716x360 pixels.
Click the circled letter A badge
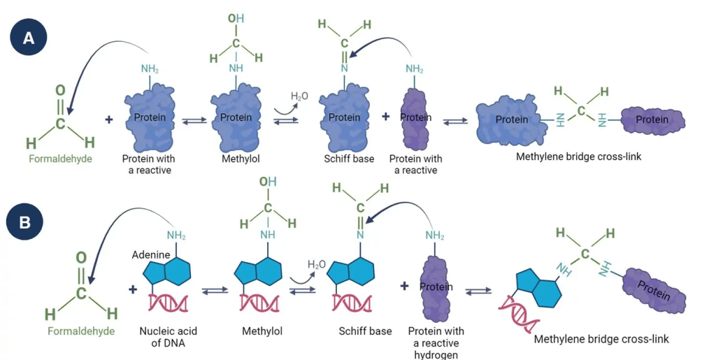tap(29, 39)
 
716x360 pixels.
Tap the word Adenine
tap(152, 255)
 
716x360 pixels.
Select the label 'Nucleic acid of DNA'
tap(161, 337)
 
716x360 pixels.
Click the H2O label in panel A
tap(299, 96)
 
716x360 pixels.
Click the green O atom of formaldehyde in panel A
tap(60, 91)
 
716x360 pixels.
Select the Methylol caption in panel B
tap(263, 331)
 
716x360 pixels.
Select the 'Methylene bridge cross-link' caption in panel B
tap(601, 339)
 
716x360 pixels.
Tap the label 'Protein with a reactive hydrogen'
tap(435, 343)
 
